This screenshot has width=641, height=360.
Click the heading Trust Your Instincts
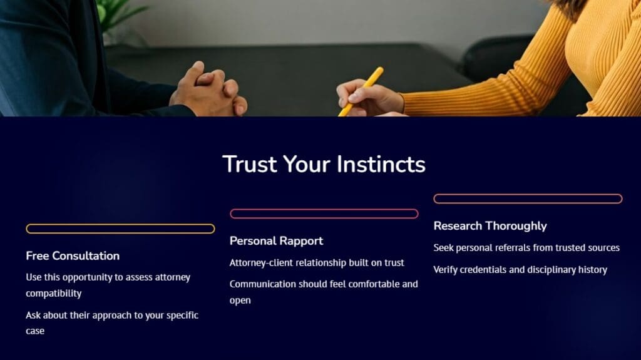point(324,165)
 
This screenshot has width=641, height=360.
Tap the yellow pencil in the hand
point(361,91)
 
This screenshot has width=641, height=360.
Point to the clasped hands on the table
point(208,89)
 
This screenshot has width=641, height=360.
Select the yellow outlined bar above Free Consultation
point(120,229)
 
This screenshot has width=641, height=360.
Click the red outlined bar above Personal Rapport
point(324,213)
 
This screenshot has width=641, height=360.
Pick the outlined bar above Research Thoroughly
point(528,199)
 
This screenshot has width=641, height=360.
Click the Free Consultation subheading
point(73,255)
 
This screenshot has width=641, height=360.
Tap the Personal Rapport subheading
point(276,241)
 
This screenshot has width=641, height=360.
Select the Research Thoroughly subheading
point(490,226)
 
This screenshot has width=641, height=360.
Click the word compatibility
point(54,293)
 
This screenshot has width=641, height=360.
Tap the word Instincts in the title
point(381,165)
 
